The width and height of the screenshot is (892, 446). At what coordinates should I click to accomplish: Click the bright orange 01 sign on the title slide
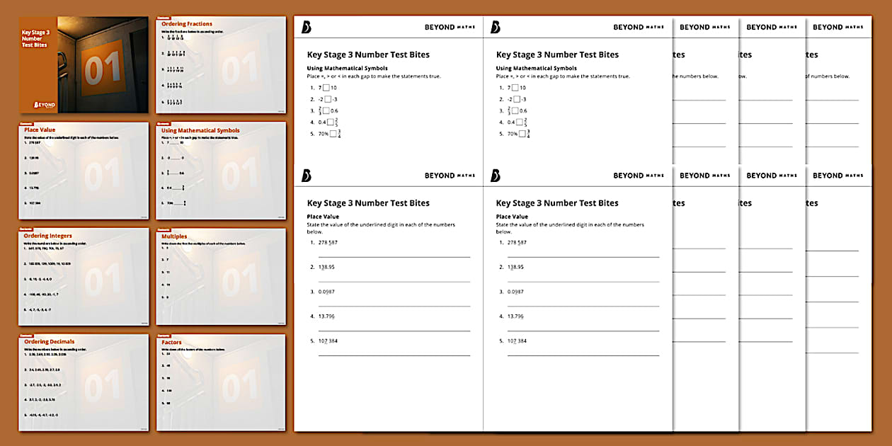(x=104, y=69)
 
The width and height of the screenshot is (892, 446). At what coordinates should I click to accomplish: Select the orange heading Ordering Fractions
(x=187, y=24)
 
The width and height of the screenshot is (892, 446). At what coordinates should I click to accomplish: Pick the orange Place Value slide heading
(x=40, y=130)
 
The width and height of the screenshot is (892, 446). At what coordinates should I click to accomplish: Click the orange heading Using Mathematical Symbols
(x=200, y=130)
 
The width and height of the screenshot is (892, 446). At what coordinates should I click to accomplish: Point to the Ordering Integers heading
(x=48, y=236)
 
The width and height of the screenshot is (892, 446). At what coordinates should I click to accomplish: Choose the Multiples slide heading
(x=174, y=236)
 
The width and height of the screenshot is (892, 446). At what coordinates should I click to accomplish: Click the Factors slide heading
(x=172, y=342)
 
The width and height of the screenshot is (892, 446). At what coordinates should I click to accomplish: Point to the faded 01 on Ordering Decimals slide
(x=103, y=385)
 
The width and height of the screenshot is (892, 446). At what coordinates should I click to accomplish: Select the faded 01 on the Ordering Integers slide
(x=103, y=279)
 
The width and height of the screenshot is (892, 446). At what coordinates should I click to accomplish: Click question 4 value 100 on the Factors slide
(x=171, y=390)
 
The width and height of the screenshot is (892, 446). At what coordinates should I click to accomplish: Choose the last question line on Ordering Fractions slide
(x=173, y=101)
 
